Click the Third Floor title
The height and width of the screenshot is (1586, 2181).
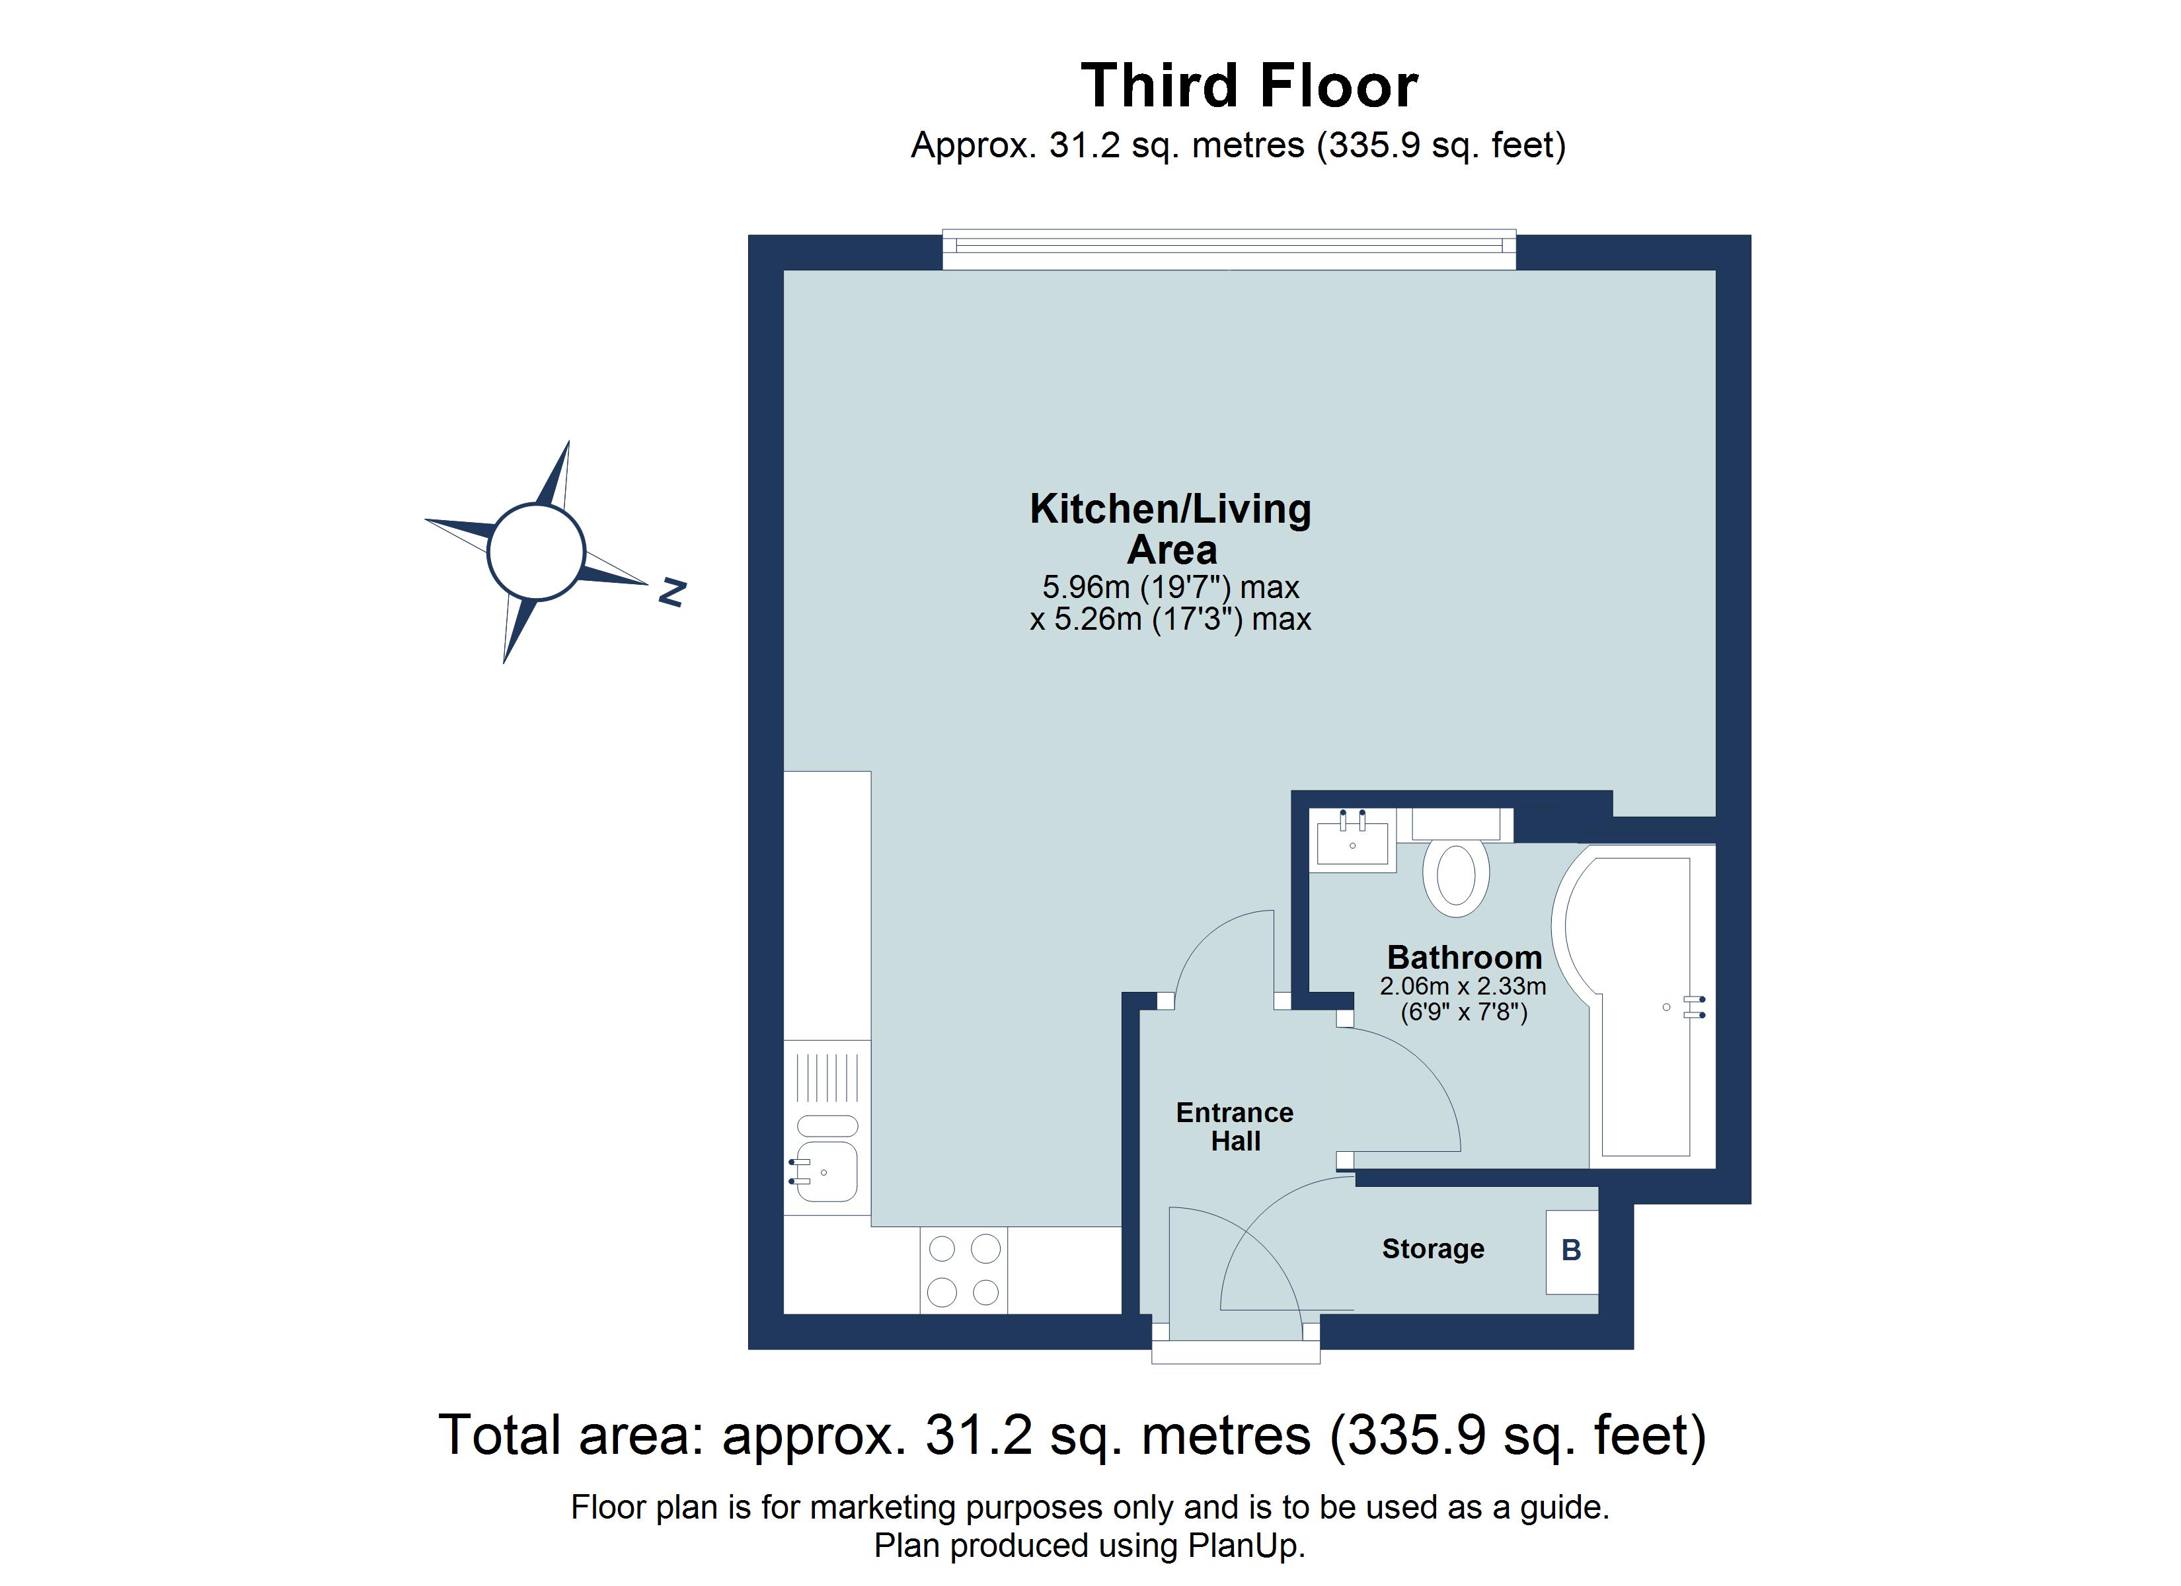pyautogui.click(x=1248, y=87)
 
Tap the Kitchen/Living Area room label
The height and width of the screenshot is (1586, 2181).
pyautogui.click(x=1170, y=529)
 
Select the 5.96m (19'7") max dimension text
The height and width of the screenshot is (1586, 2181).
pyautogui.click(x=1170, y=587)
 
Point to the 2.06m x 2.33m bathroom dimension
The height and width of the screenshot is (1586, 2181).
pyautogui.click(x=1463, y=986)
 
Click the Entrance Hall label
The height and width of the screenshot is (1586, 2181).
pyautogui.click(x=1234, y=1126)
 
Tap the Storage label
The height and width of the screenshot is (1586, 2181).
pyautogui.click(x=1433, y=1248)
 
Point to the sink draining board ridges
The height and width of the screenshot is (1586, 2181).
pyautogui.click(x=827, y=1077)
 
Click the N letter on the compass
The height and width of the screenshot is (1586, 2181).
pyautogui.click(x=671, y=593)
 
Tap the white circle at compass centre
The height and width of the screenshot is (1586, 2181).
pyautogui.click(x=535, y=552)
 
